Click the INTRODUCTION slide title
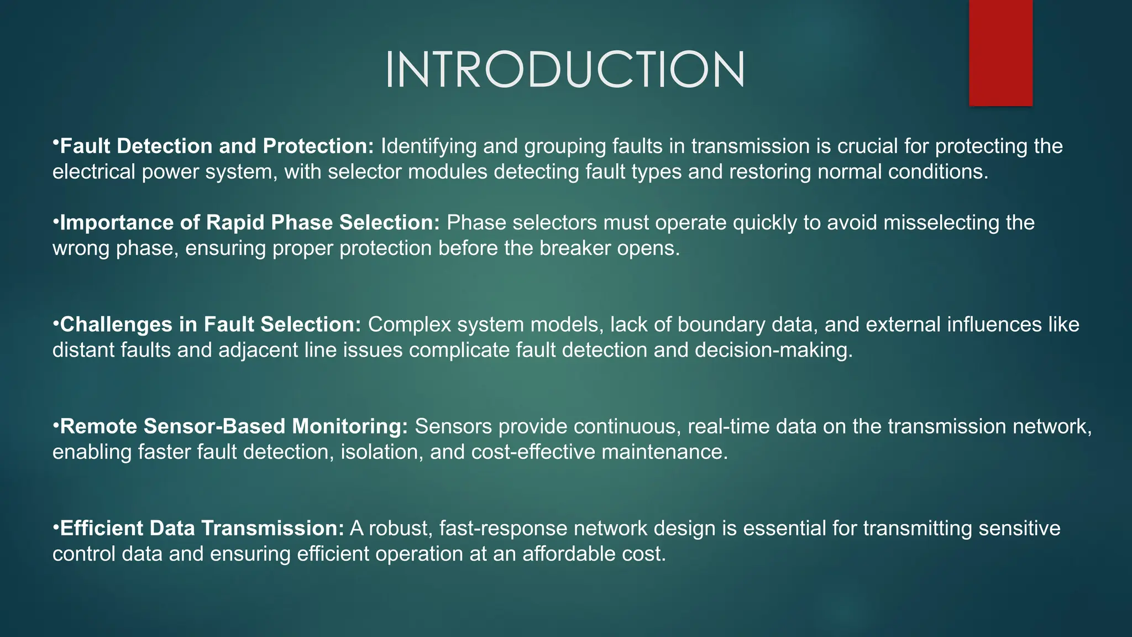tap(565, 70)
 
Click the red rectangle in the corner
tap(1000, 53)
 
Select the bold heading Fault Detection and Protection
tap(217, 146)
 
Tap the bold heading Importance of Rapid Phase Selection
tap(249, 222)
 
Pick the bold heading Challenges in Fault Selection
tap(210, 325)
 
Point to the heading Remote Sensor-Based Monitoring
tap(233, 426)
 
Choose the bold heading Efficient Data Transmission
tap(202, 528)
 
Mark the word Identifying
tap(428, 146)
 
